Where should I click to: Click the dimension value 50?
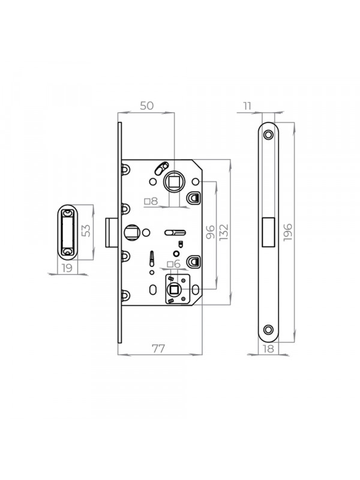pyautogui.click(x=146, y=106)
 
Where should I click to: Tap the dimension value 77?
pyautogui.click(x=158, y=349)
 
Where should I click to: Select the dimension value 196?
pyautogui.click(x=288, y=232)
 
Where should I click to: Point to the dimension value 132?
pyautogui.click(x=224, y=232)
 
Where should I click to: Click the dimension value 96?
pyautogui.click(x=211, y=232)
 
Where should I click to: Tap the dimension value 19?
pyautogui.click(x=67, y=268)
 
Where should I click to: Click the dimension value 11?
pyautogui.click(x=247, y=106)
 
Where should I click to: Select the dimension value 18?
pyautogui.click(x=268, y=349)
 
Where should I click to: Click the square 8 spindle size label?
pyautogui.click(x=151, y=201)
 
